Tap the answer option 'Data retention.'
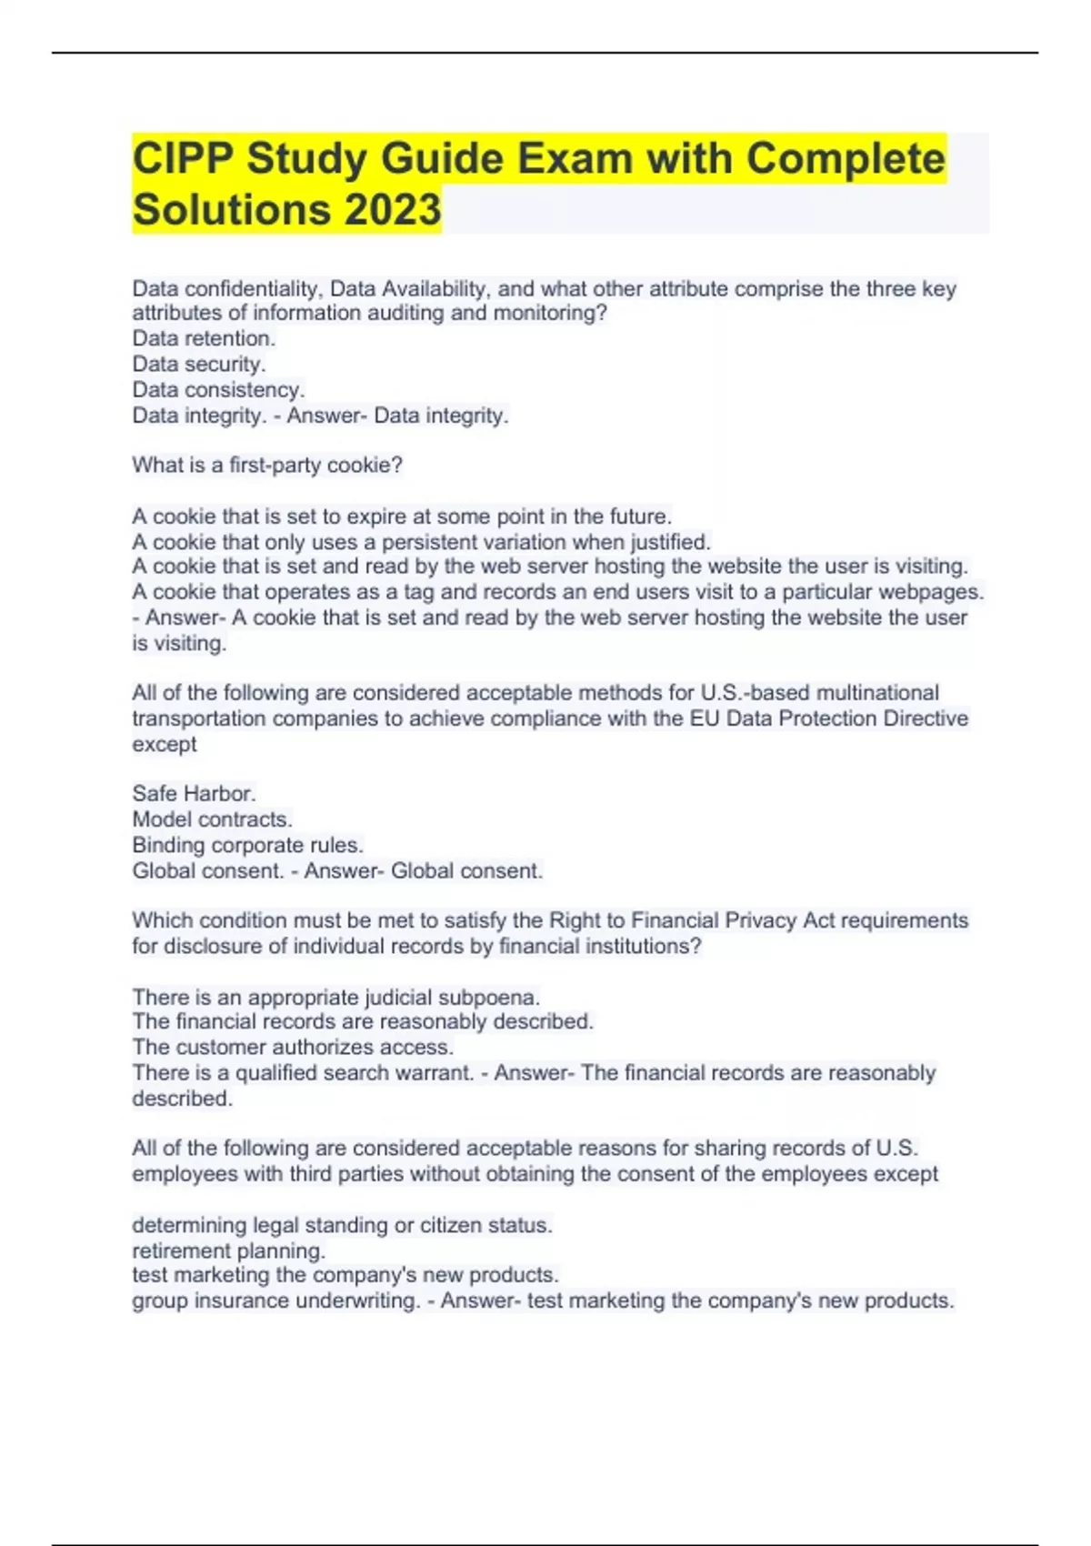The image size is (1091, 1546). point(204,338)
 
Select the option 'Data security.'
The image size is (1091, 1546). point(199,364)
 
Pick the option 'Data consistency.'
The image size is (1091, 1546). point(218,389)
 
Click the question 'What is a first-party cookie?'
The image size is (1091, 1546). point(267,465)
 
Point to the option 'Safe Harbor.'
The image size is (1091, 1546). point(194,793)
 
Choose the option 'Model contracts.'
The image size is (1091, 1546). point(212,818)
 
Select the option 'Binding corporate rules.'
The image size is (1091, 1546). point(247,845)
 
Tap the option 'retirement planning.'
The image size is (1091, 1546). point(228,1250)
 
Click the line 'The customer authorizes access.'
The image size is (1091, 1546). point(293,1047)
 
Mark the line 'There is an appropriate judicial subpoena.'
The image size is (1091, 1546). point(336,997)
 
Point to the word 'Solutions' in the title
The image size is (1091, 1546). point(231,210)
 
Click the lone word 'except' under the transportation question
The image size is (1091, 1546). point(165,744)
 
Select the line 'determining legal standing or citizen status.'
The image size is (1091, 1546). point(342,1225)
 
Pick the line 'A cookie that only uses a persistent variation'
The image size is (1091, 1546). point(421,542)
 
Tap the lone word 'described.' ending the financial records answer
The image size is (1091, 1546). point(182,1099)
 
